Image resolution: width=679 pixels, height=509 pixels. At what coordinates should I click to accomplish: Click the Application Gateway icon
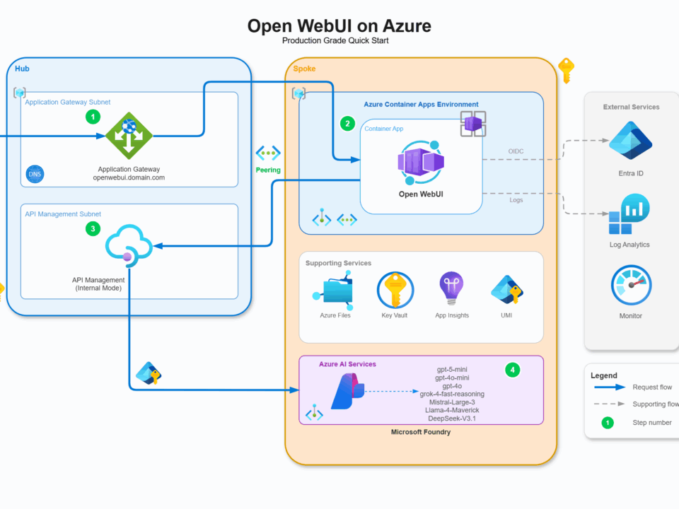[x=129, y=136]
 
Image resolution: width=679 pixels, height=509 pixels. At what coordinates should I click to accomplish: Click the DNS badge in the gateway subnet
[x=35, y=173]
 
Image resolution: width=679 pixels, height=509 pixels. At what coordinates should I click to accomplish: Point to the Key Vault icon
[x=395, y=290]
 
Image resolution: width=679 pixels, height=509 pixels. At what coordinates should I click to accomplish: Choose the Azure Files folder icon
[x=335, y=291]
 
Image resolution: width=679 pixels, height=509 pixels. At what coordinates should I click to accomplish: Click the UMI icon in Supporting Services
[x=506, y=290]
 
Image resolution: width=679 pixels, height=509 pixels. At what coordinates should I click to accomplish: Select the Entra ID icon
[x=629, y=142]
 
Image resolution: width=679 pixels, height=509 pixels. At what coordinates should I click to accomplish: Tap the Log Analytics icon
[x=629, y=215]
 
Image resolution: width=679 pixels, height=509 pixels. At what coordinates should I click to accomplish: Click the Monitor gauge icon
[x=631, y=286]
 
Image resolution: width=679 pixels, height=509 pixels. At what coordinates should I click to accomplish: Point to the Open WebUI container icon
[x=421, y=162]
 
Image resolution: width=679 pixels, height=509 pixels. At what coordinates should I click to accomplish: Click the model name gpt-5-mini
[x=453, y=369]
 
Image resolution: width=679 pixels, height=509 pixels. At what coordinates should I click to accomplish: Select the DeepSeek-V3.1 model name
[x=453, y=419]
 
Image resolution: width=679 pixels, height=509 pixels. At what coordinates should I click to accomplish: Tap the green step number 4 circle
[x=512, y=369]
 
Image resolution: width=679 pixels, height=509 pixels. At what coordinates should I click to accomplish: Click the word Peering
[x=268, y=170]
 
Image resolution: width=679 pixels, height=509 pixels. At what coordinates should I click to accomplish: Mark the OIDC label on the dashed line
[x=516, y=151]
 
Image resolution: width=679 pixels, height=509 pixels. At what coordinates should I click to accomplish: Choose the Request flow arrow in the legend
[x=609, y=387]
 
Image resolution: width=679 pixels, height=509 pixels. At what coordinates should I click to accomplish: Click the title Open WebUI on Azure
[x=339, y=26]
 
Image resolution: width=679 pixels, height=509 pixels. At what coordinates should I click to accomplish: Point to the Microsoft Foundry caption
[x=421, y=431]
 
